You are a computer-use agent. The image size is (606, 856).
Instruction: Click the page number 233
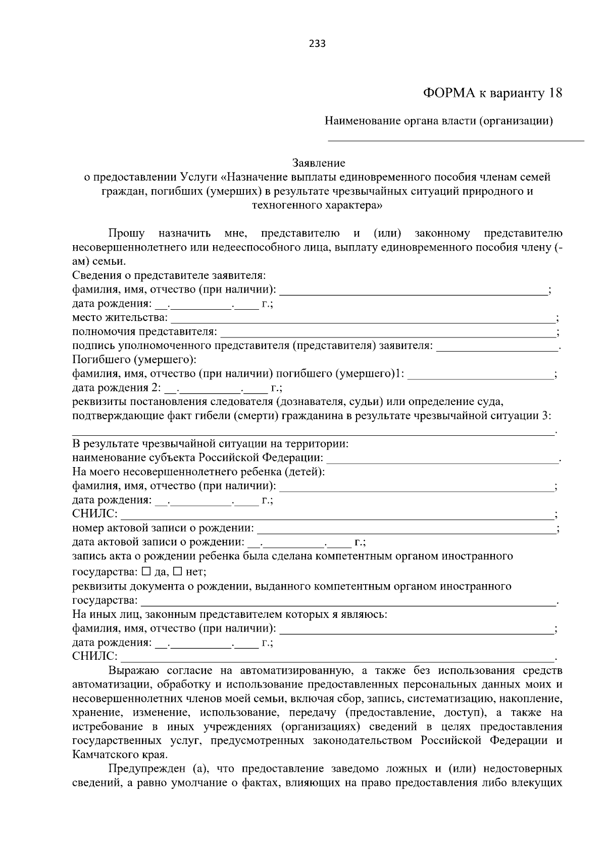pos(317,43)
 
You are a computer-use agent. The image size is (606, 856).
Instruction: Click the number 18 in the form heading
pos(554,93)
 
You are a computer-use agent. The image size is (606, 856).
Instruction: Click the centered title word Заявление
pos(319,163)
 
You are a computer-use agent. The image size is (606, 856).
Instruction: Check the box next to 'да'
pos(146,572)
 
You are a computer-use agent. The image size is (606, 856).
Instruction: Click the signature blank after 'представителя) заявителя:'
pos(497,348)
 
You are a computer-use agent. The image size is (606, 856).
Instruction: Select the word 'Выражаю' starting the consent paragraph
pos(134,670)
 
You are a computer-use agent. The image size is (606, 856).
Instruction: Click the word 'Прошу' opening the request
pos(126,234)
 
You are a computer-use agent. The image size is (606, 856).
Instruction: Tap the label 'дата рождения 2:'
pos(117,388)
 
